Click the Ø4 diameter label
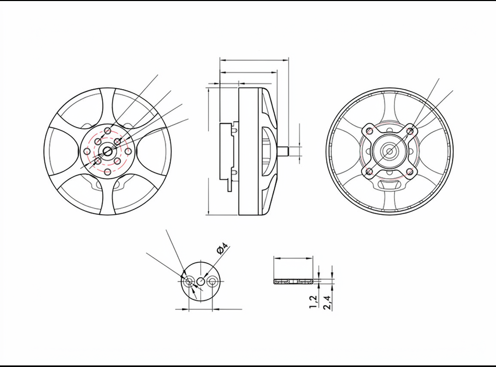[222, 248]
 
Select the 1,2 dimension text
[313, 302]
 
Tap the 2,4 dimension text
[327, 302]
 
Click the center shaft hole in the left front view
[107, 152]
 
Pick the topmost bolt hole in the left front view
[107, 131]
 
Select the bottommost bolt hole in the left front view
[107, 172]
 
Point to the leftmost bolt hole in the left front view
[87, 152]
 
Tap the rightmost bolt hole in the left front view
[128, 152]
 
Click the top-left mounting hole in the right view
[369, 131]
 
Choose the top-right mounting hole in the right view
[410, 131]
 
